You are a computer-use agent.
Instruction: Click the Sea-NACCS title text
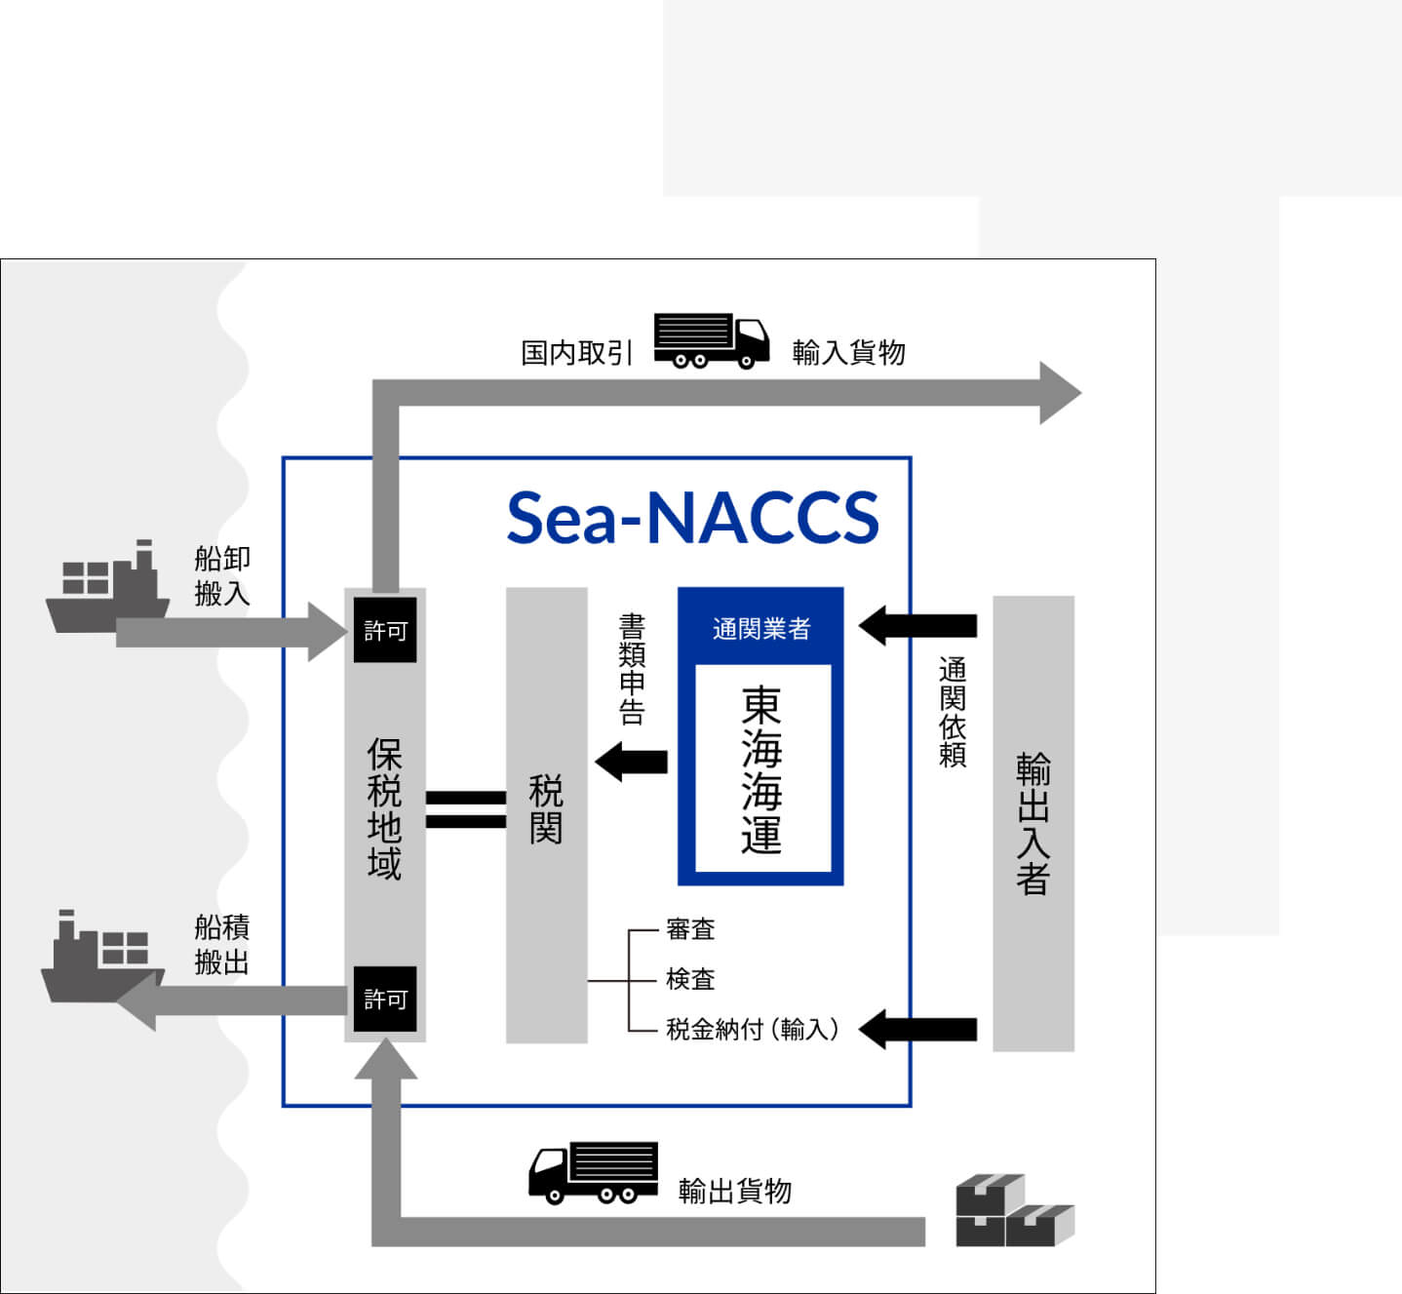[692, 517]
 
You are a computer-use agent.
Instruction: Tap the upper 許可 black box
[385, 631]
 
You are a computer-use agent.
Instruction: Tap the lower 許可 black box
[385, 999]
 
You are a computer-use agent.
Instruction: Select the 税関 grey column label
[546, 808]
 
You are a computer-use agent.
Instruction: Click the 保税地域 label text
[384, 809]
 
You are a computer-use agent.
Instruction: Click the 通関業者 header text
[760, 628]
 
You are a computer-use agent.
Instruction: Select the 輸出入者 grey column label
[1032, 824]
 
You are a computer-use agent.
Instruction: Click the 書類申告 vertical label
[632, 669]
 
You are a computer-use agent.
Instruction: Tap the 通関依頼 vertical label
[952, 712]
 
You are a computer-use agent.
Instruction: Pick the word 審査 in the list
[690, 929]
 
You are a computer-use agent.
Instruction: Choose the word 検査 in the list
[690, 979]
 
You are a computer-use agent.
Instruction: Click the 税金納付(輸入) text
[752, 1029]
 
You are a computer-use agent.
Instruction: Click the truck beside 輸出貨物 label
[593, 1173]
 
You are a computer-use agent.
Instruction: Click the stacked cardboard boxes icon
[1014, 1210]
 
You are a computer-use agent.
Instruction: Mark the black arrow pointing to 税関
[632, 762]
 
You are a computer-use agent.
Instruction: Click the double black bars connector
[466, 809]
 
